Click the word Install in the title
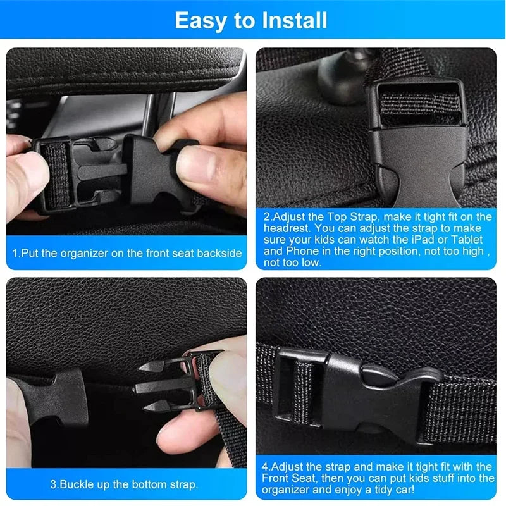[290, 20]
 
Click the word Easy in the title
[199, 20]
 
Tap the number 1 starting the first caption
[15, 253]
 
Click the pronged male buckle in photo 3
[174, 385]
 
